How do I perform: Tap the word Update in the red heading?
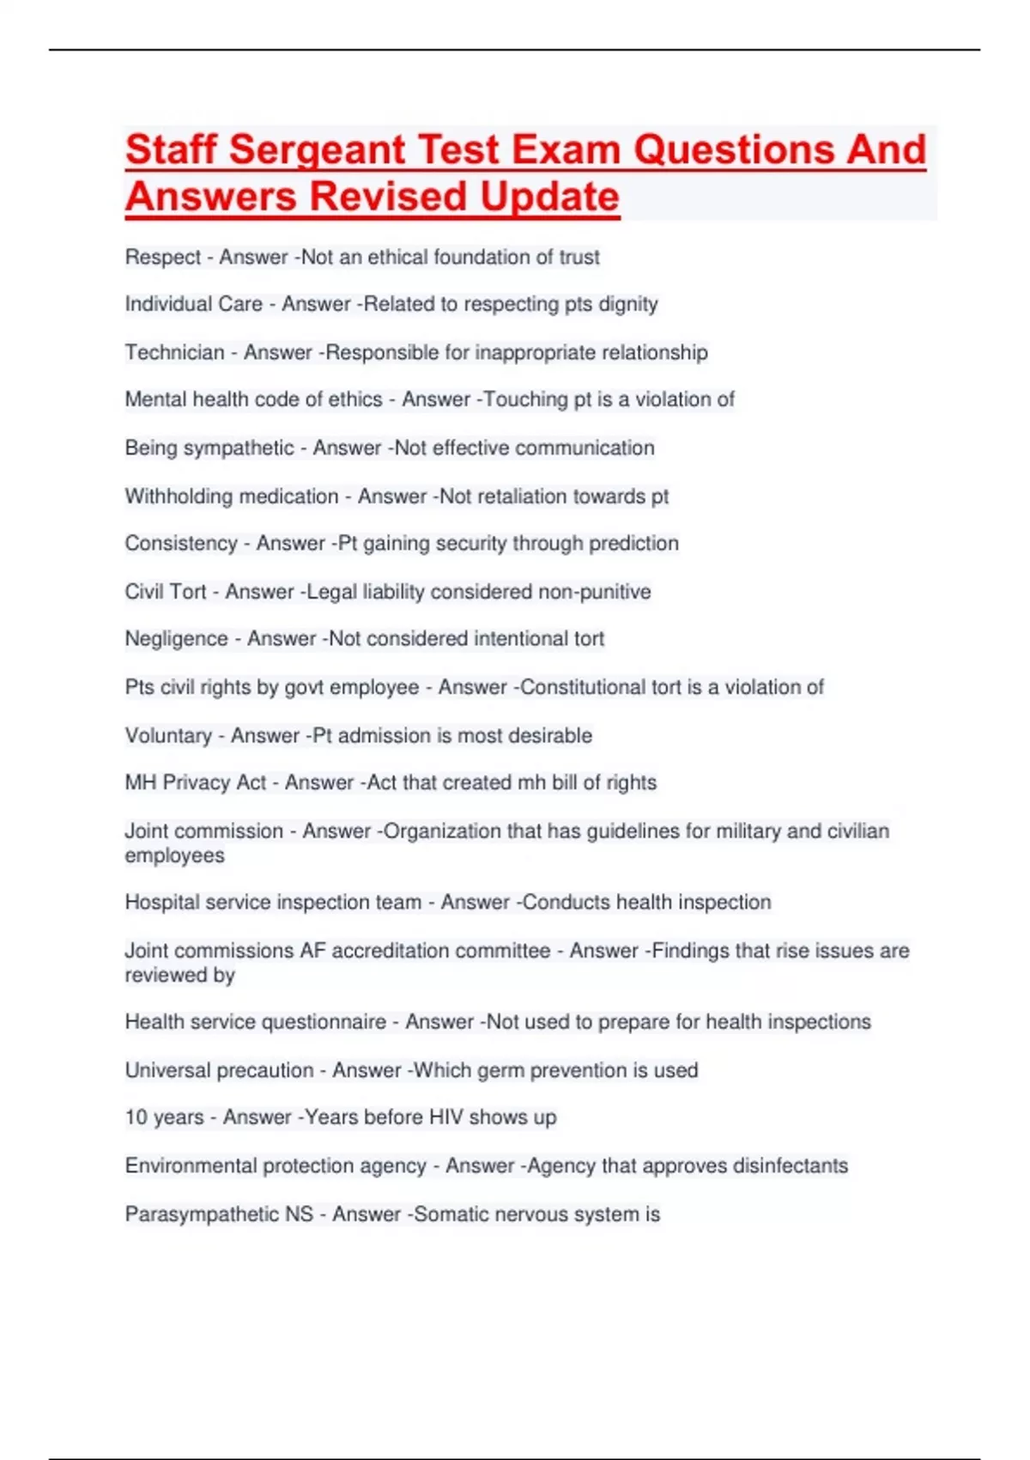[549, 197]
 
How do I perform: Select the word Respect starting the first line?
[163, 258]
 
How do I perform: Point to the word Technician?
[174, 353]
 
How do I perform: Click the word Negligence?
[177, 639]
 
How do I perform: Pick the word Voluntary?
[168, 736]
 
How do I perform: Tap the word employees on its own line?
[175, 855]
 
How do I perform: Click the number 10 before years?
[136, 1117]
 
